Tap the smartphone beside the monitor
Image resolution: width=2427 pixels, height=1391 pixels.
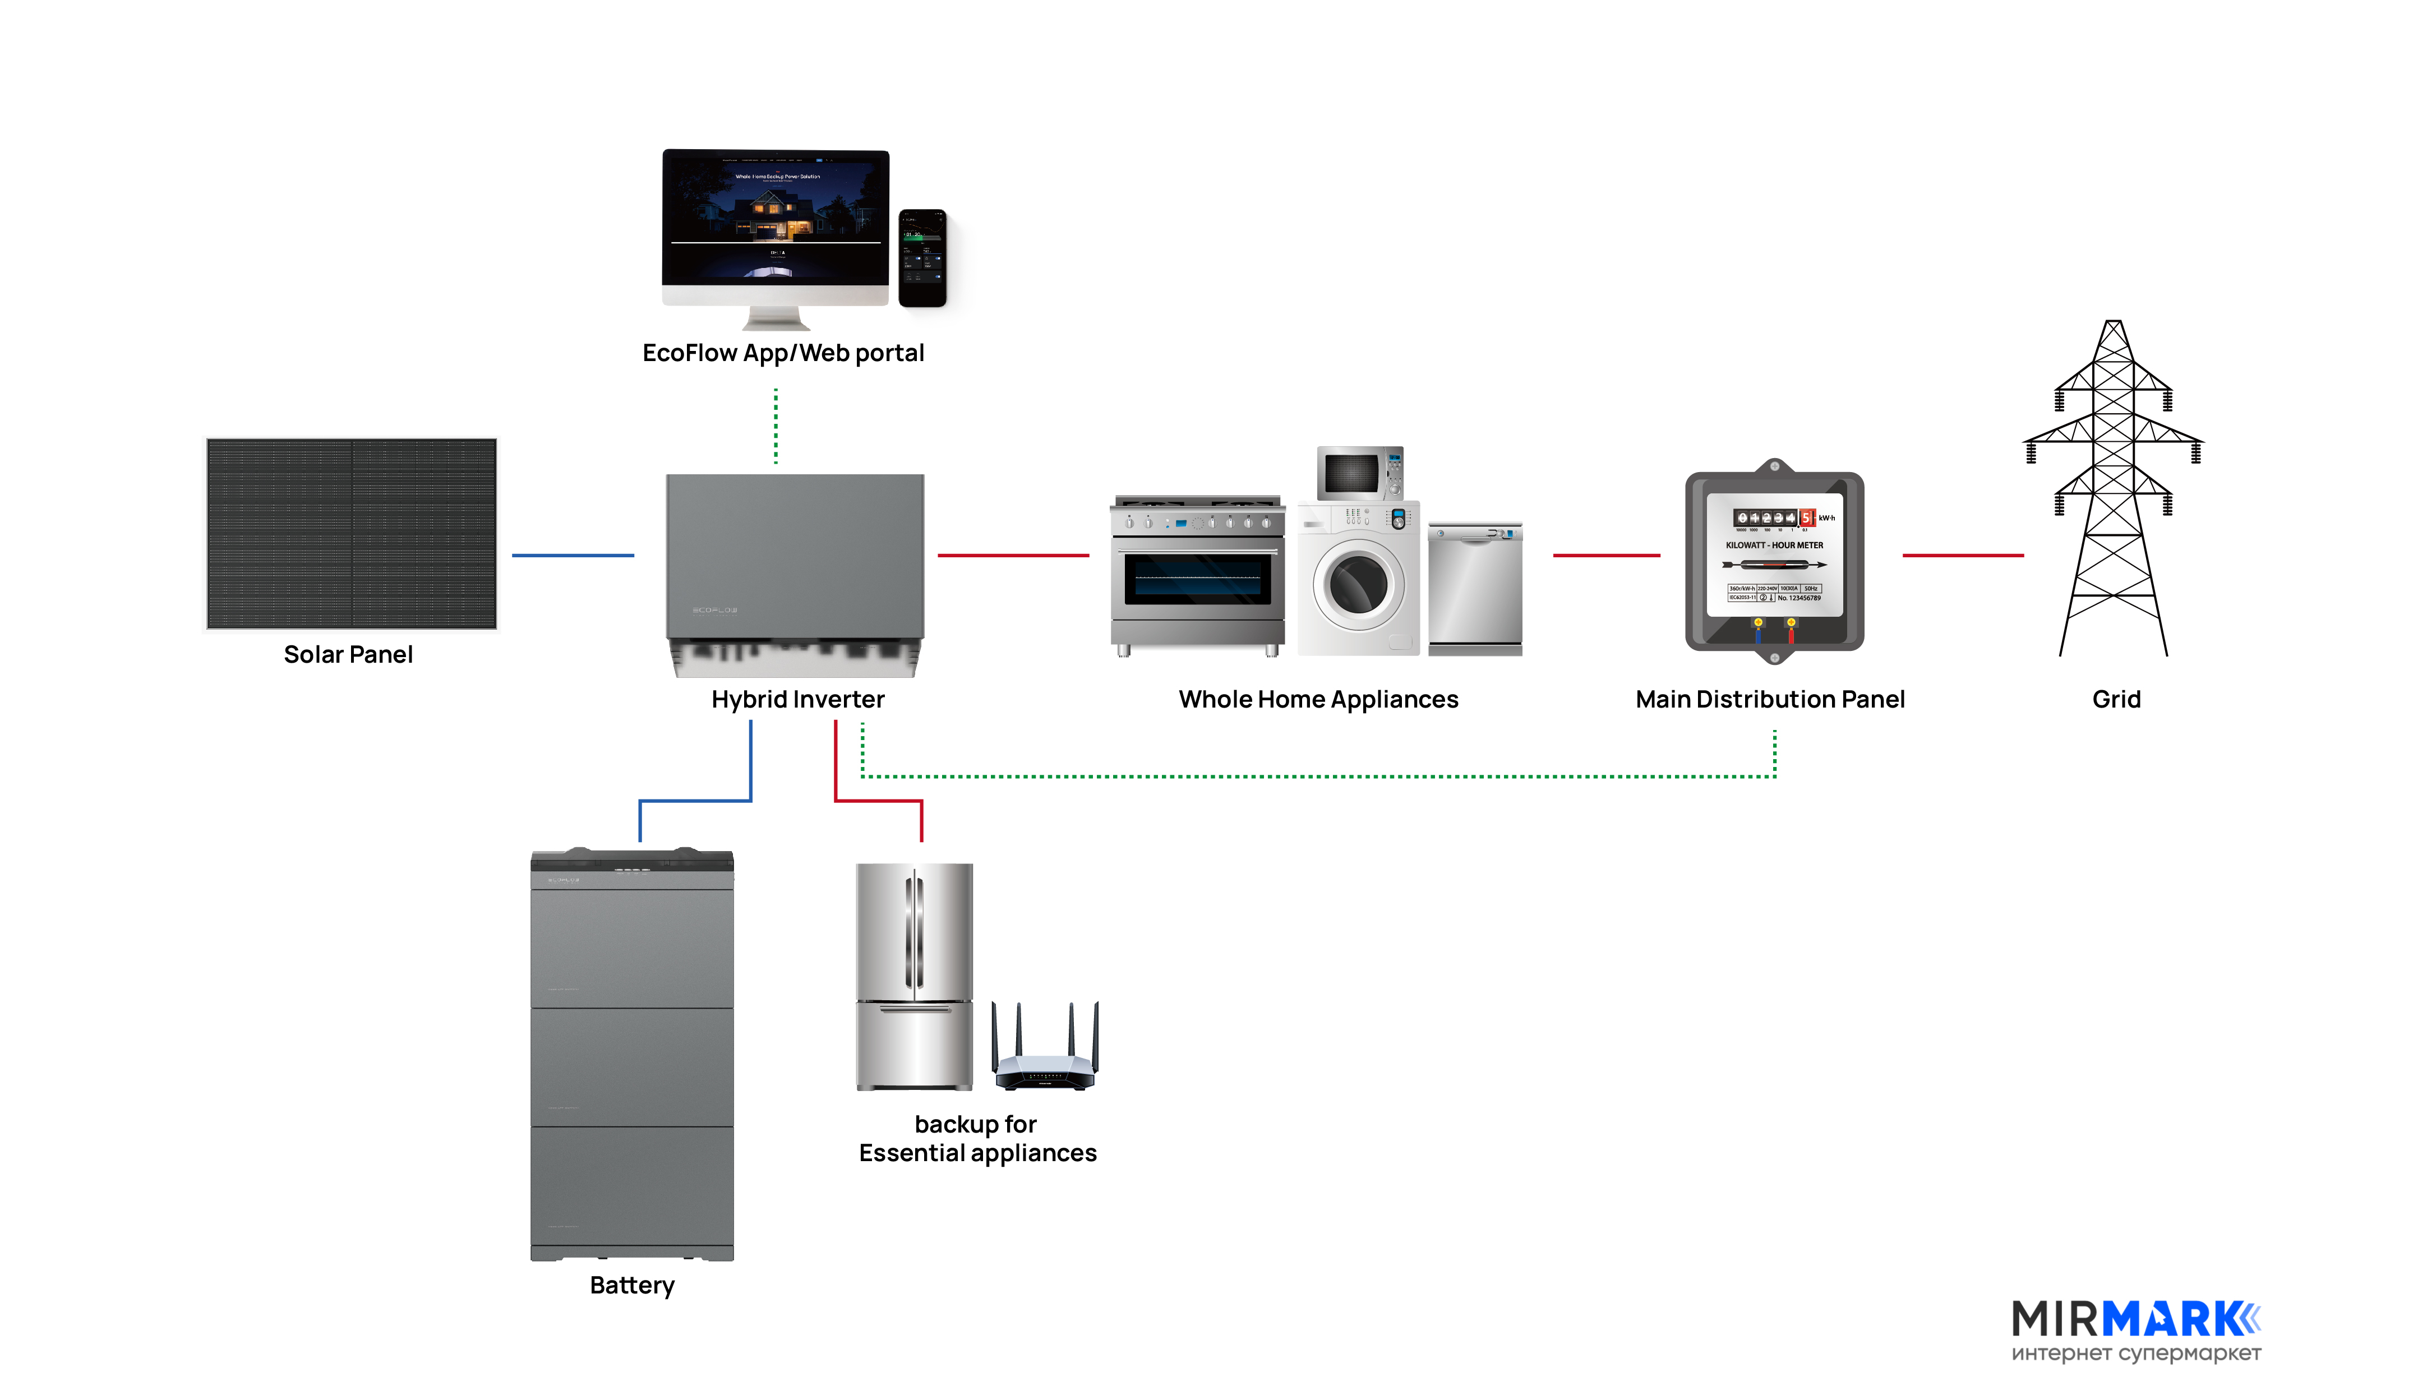coord(922,258)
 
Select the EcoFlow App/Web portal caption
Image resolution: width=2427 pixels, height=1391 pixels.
coord(783,353)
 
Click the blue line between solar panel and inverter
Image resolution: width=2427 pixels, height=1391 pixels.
coord(573,555)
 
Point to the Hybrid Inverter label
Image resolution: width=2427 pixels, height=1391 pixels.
coord(798,699)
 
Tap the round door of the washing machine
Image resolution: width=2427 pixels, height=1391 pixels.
coord(1358,584)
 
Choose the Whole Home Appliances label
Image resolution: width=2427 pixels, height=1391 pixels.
coord(1318,699)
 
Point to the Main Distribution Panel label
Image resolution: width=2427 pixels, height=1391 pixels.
coord(1770,699)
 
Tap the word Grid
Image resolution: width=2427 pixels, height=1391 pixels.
coord(2116,699)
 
